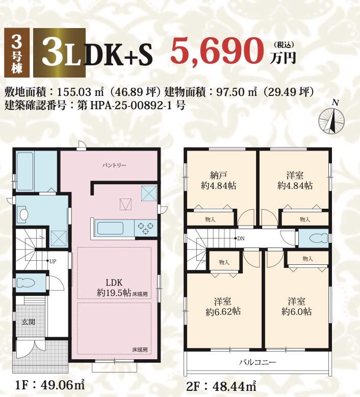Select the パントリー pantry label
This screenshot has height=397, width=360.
click(x=114, y=165)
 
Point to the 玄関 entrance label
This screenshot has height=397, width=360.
click(x=29, y=322)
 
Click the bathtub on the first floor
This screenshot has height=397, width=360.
click(x=25, y=171)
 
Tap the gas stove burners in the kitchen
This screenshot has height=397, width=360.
click(x=146, y=228)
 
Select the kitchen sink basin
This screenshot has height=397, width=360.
click(x=110, y=229)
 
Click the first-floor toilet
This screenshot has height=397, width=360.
click(x=27, y=283)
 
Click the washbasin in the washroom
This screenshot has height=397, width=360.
click(x=23, y=214)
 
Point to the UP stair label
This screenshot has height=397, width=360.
click(x=53, y=261)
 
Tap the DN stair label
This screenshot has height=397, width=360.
click(x=241, y=238)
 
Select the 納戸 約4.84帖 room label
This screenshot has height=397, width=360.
click(x=218, y=181)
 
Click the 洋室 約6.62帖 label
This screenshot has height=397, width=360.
click(x=223, y=306)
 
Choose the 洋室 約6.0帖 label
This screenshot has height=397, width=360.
click(x=296, y=306)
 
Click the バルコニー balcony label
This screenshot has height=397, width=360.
click(x=258, y=363)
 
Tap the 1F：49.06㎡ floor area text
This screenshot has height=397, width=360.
click(x=50, y=386)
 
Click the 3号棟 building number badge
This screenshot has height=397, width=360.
click(x=17, y=53)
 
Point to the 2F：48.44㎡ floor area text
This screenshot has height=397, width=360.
click(x=221, y=386)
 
